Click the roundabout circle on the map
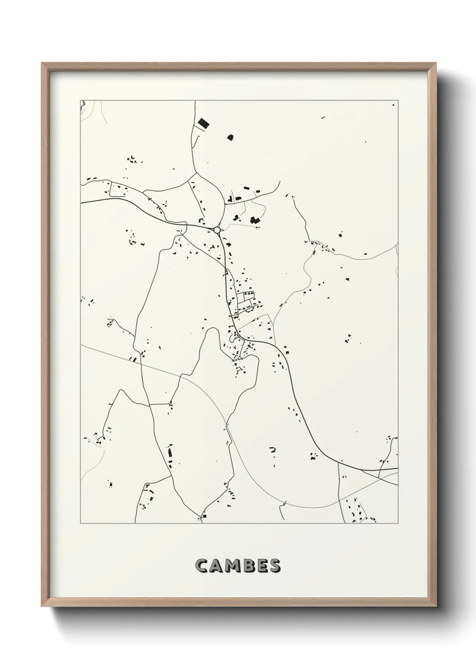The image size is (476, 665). point(217,230)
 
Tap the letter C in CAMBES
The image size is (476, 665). point(201,566)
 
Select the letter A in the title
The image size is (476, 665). point(215,566)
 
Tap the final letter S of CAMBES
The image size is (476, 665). point(274,566)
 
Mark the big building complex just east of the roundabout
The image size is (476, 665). point(255,220)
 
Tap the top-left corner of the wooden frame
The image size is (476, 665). point(42,63)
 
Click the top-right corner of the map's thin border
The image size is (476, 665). point(398,100)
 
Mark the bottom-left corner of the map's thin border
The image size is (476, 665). point(81,523)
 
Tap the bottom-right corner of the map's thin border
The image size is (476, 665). point(398,523)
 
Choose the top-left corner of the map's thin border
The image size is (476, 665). point(81,100)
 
